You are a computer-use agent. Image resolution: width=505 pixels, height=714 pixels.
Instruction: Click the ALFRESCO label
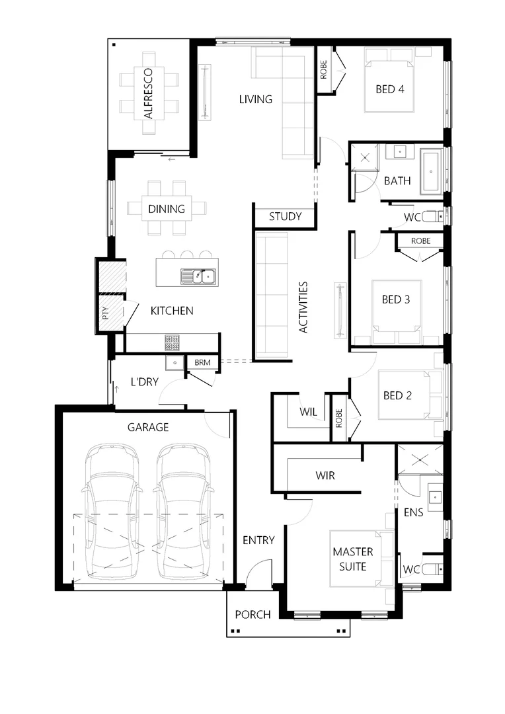click(148, 93)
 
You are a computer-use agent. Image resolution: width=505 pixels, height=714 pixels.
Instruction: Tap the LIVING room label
click(255, 99)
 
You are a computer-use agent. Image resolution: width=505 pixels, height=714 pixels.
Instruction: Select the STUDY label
click(285, 216)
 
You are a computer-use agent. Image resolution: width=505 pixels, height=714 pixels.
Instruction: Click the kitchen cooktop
click(172, 342)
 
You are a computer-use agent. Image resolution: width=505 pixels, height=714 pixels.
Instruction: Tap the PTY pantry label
click(105, 313)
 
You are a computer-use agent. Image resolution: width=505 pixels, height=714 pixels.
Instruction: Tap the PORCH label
click(252, 615)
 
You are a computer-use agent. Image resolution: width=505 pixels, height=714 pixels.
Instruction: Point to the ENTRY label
click(258, 540)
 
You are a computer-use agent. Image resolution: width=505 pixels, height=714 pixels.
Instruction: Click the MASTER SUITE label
click(352, 559)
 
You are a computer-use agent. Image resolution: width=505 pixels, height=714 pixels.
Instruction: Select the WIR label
click(325, 475)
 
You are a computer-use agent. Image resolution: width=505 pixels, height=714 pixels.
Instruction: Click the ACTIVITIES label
click(303, 307)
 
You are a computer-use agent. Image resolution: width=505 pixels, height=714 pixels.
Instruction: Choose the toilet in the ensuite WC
click(432, 568)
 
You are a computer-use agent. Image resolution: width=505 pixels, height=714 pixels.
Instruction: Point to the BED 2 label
click(397, 395)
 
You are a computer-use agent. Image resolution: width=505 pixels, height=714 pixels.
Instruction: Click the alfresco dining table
click(148, 93)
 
